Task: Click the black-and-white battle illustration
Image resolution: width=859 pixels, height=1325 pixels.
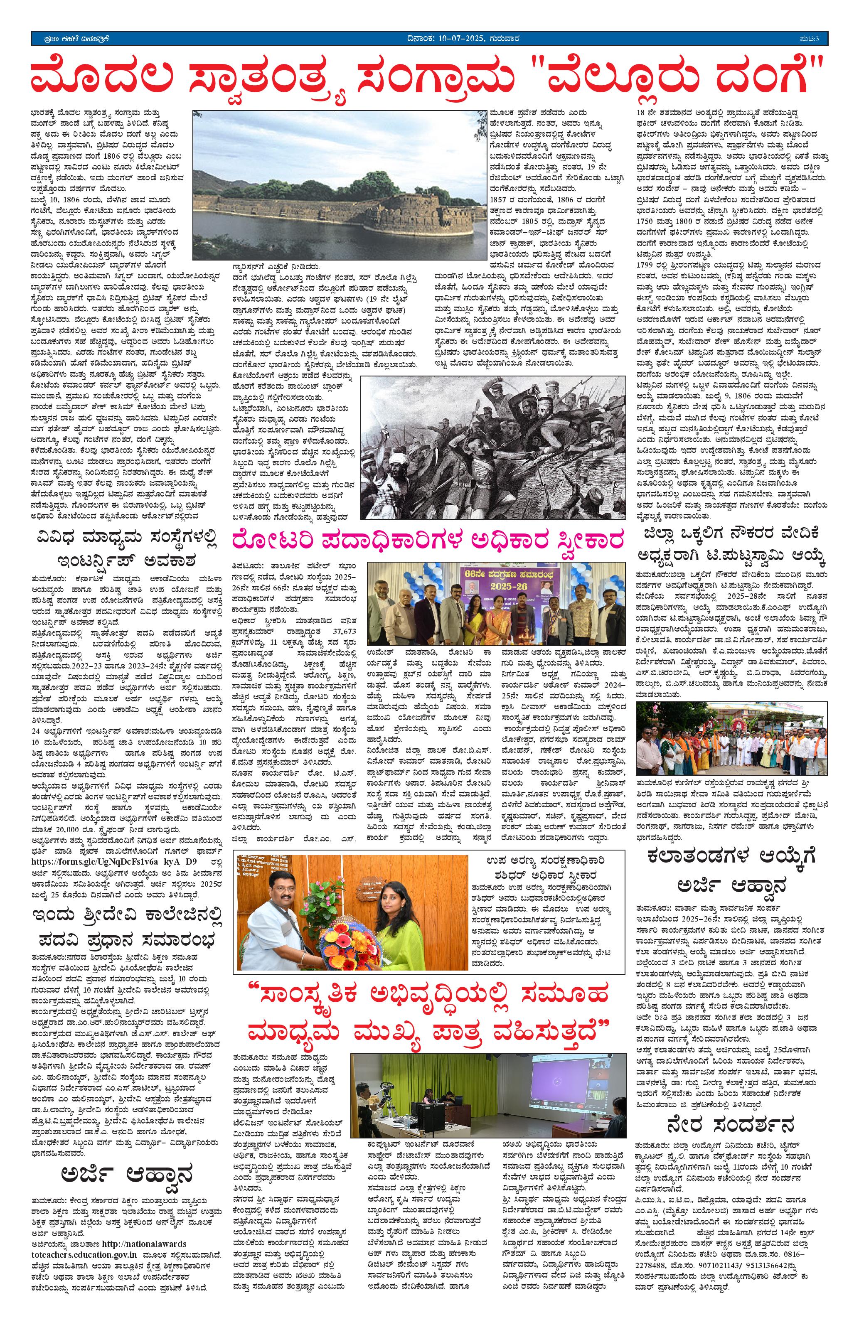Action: click(x=493, y=454)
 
